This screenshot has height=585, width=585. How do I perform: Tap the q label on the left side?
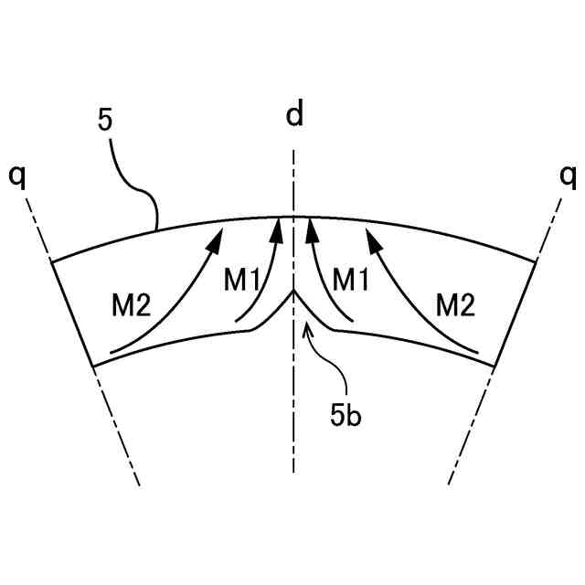[x=17, y=176]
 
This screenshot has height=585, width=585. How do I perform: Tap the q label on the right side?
[x=568, y=176]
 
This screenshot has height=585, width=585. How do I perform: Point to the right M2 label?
[x=455, y=304]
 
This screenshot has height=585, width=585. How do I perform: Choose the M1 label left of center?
[x=241, y=281]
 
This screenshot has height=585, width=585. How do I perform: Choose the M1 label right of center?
[x=349, y=281]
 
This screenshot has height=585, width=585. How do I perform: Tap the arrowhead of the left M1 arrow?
[x=277, y=226]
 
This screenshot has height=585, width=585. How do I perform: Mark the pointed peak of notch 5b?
[x=293, y=292]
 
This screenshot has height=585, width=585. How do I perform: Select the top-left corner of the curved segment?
[x=50, y=261]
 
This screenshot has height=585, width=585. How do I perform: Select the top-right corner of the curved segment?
[x=537, y=261]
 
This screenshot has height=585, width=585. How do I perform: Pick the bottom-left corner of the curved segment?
[x=94, y=366]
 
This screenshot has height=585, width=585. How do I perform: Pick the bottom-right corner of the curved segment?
[x=494, y=366]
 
